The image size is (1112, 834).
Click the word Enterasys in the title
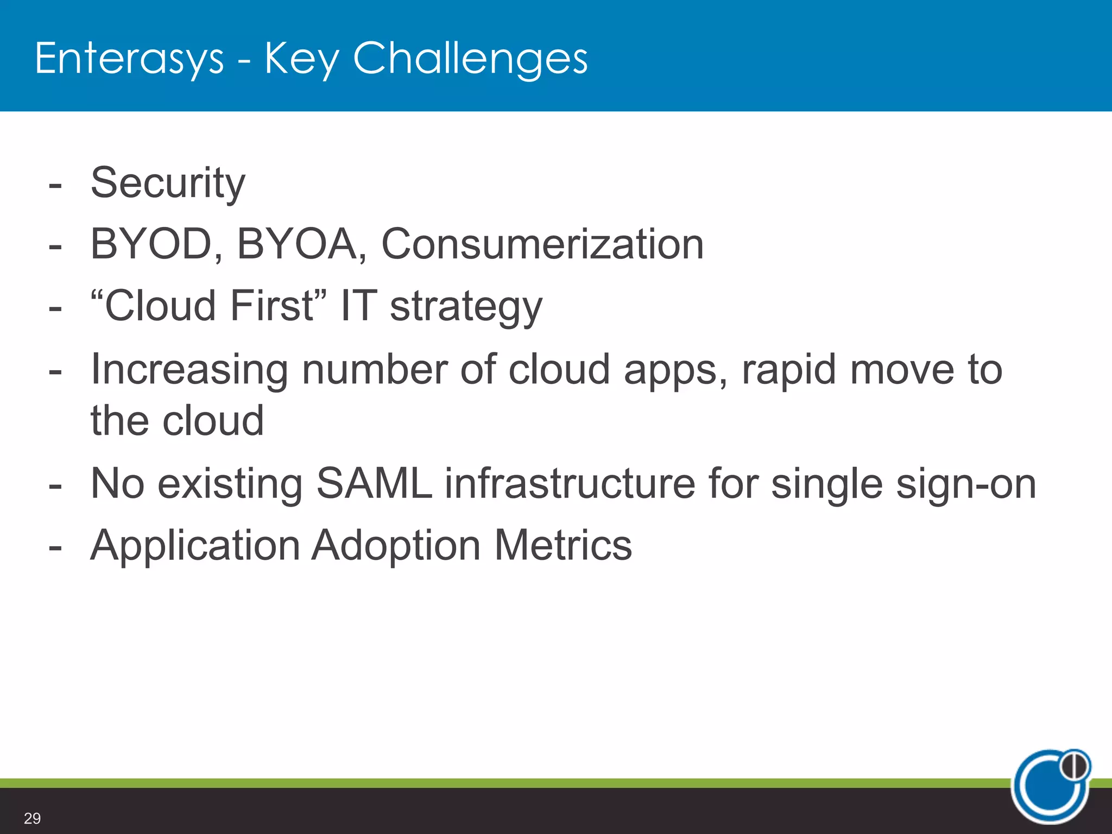[x=129, y=59]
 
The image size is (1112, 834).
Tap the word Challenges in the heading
[x=470, y=59]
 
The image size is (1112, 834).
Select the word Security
[x=168, y=184]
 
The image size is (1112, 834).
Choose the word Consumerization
[x=542, y=244]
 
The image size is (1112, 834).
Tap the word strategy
[x=466, y=307]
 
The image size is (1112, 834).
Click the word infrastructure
[x=570, y=483]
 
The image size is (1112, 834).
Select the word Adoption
[x=396, y=546]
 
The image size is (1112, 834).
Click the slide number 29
[x=32, y=818]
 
